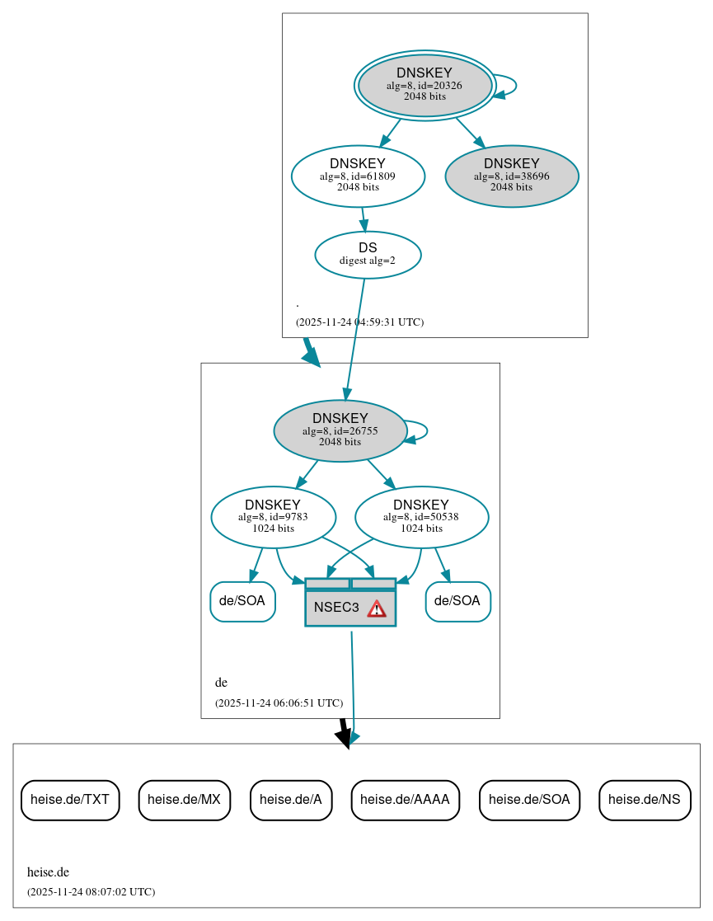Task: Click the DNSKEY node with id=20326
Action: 425,85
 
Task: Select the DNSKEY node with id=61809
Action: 358,176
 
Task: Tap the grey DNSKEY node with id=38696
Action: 511,176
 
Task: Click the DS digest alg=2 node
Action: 368,255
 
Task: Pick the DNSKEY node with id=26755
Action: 340,430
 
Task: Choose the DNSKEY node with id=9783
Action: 273,517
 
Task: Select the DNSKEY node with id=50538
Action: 421,517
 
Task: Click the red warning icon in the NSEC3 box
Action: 377,609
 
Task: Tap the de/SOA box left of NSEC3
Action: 242,601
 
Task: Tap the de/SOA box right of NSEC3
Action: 457,601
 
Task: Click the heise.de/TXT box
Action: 70,800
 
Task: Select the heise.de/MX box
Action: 184,800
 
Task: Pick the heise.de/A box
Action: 291,800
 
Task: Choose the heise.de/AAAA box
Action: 405,800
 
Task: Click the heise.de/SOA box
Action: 529,800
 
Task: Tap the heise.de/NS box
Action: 645,800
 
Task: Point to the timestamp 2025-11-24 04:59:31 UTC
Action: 359,322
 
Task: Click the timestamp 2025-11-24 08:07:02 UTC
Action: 91,892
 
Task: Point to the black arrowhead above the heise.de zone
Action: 345,736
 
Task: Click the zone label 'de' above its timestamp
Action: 221,683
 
